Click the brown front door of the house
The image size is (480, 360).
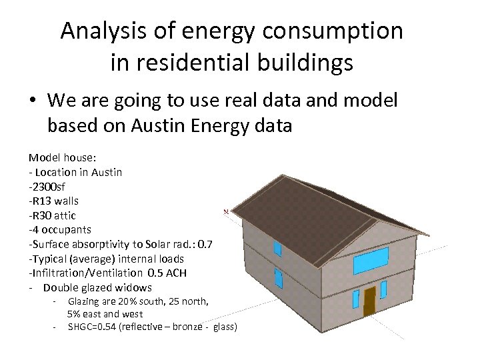pyautogui.click(x=369, y=301)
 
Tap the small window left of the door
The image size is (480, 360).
pyautogui.click(x=355, y=299)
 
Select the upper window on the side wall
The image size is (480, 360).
pyautogui.click(x=278, y=249)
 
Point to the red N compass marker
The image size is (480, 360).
pyautogui.click(x=226, y=212)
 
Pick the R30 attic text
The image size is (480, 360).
pyautogui.click(x=52, y=215)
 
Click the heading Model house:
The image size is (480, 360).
pyautogui.click(x=62, y=157)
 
